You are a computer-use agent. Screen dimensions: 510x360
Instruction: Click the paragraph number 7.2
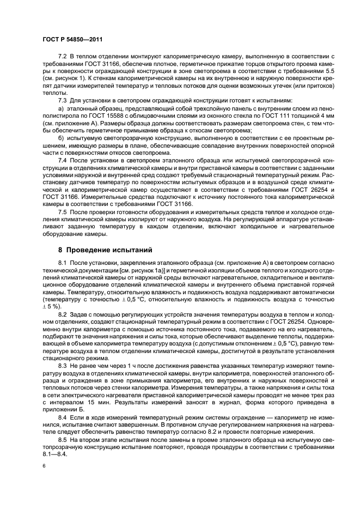tap(63, 57)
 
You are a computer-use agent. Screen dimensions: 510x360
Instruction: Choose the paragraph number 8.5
tap(63, 438)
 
